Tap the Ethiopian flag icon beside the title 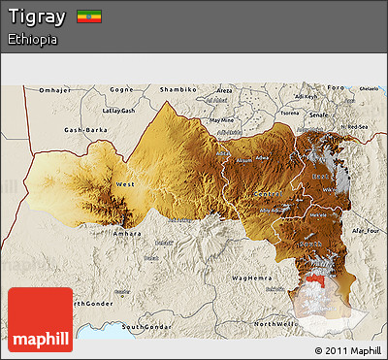[89, 16]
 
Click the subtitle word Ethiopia [31, 40]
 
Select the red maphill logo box [40, 318]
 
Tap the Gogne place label [121, 89]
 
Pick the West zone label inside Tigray [125, 183]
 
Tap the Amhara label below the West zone [128, 234]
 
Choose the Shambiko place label [178, 89]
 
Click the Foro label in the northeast [335, 88]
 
